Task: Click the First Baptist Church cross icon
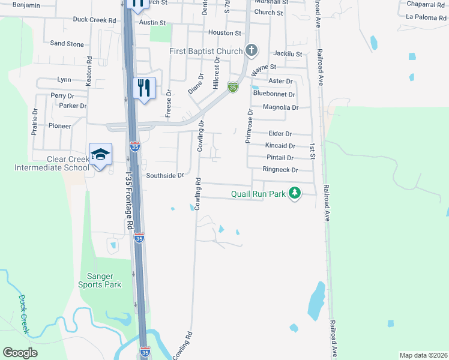[252, 51]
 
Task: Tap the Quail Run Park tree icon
[294, 193]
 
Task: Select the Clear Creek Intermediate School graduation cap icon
[101, 154]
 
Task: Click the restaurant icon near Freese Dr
[144, 88]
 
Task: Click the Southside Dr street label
[164, 176]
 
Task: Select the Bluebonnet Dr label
[274, 94]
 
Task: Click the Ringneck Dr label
[280, 170]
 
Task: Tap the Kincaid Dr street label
[280, 146]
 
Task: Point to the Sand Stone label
[67, 44]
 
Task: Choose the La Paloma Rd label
[426, 17]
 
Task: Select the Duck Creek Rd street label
[94, 20]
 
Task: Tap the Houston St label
[224, 33]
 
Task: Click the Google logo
[20, 353]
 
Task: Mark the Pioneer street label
[60, 126]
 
